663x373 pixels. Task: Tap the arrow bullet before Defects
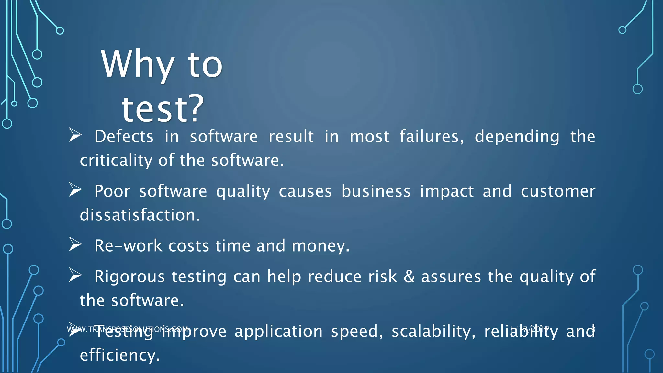pyautogui.click(x=75, y=135)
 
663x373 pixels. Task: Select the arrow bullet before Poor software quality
pyautogui.click(x=75, y=190)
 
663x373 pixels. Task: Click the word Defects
pyautogui.click(x=124, y=136)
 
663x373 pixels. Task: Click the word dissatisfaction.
pyautogui.click(x=140, y=215)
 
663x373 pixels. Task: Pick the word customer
pyautogui.click(x=558, y=191)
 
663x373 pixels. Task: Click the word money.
pyautogui.click(x=320, y=246)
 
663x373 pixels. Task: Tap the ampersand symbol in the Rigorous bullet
pyautogui.click(x=409, y=277)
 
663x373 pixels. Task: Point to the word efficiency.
pyautogui.click(x=120, y=356)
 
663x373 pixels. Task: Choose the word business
pyautogui.click(x=376, y=191)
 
